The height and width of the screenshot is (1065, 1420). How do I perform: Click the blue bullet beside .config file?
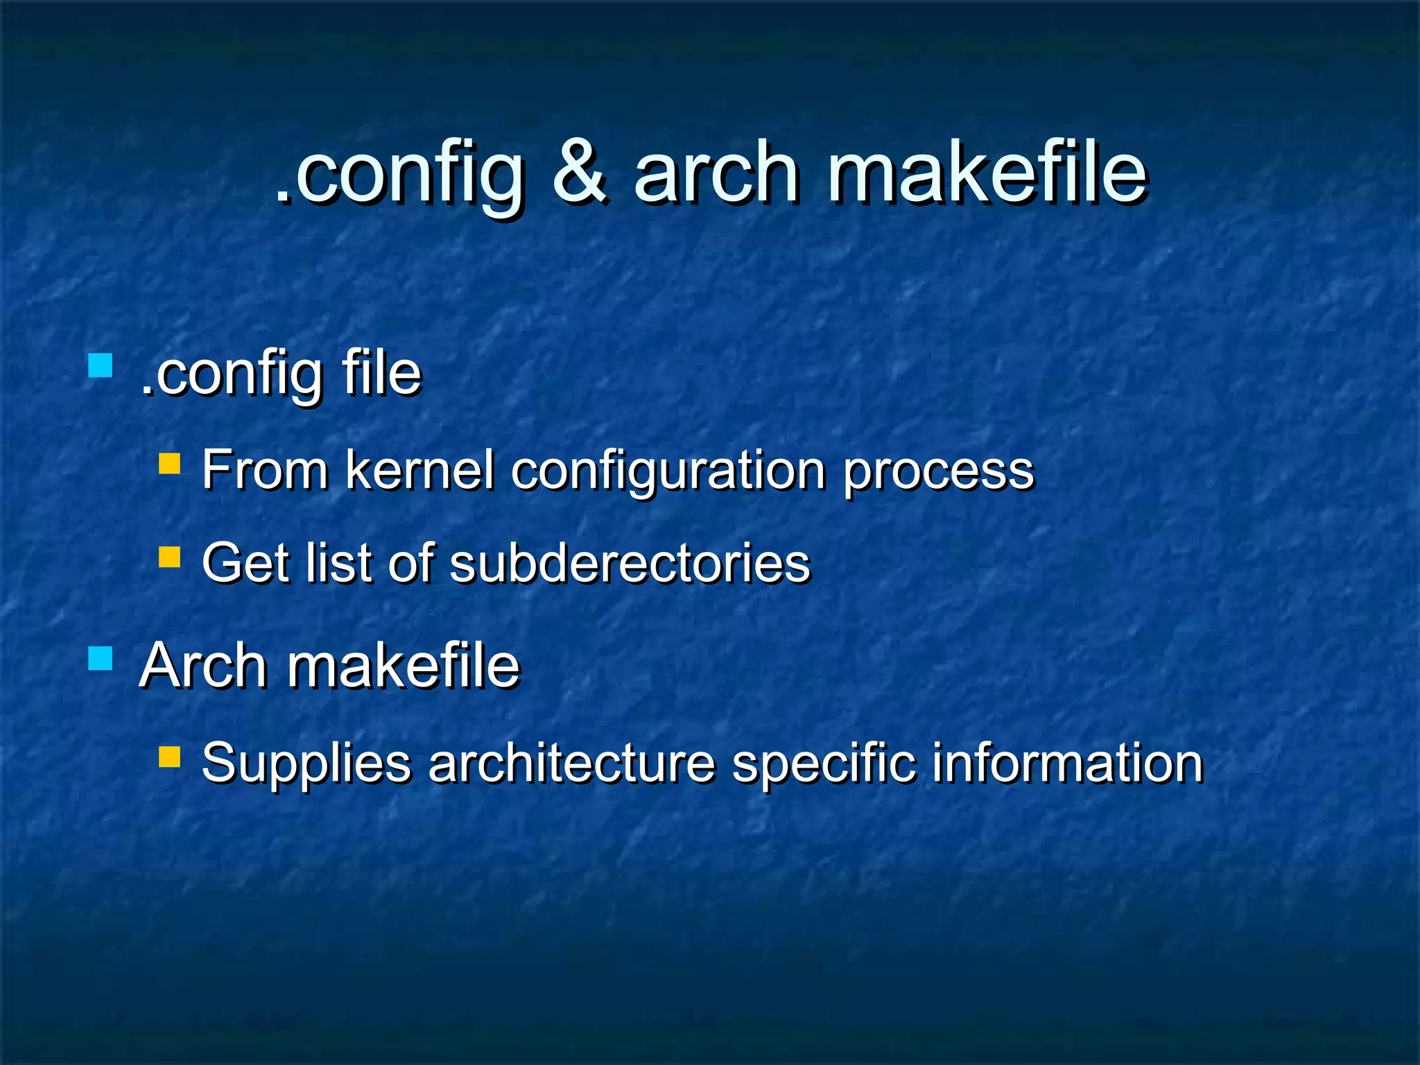pos(101,365)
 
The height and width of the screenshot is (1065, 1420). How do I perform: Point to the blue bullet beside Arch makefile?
pos(101,658)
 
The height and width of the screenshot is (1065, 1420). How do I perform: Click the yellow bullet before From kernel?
pos(169,463)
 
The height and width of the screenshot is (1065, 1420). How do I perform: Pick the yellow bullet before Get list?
pos(169,556)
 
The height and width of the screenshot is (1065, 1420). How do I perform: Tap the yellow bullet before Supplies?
pos(169,756)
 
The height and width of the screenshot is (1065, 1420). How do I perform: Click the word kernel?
pos(419,470)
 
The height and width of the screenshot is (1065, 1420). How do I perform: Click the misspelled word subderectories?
pos(630,562)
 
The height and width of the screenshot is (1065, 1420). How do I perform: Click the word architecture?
pos(571,763)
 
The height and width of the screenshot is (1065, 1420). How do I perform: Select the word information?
pos(1067,763)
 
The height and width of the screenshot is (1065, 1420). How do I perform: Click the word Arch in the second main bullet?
pos(203,666)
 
